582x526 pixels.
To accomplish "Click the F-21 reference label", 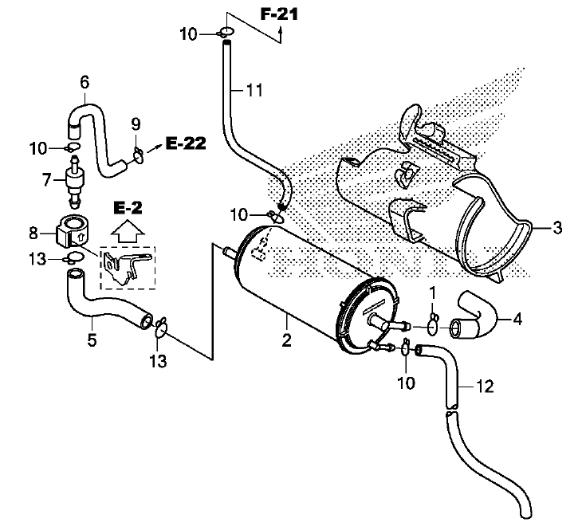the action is [279, 15].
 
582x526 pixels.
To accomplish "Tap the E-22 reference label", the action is [186, 143].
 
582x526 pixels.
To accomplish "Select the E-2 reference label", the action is [128, 208].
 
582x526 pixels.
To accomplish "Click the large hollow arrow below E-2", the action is [128, 232].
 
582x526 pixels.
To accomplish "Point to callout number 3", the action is [557, 227].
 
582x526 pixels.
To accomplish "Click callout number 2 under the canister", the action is [286, 340].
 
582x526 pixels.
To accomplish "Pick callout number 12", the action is [485, 387].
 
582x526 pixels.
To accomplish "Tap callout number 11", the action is [254, 90].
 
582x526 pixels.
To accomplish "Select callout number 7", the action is [46, 180].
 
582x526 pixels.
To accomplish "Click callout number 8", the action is [33, 234].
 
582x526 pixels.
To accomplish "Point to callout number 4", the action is [517, 319].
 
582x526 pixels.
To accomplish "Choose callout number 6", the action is [85, 82].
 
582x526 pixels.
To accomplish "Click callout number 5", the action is [92, 340].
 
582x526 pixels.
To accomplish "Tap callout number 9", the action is [136, 124].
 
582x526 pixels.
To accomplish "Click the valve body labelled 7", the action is [74, 180].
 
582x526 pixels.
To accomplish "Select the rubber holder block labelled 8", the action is [71, 231].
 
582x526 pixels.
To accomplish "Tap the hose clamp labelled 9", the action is [138, 155].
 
